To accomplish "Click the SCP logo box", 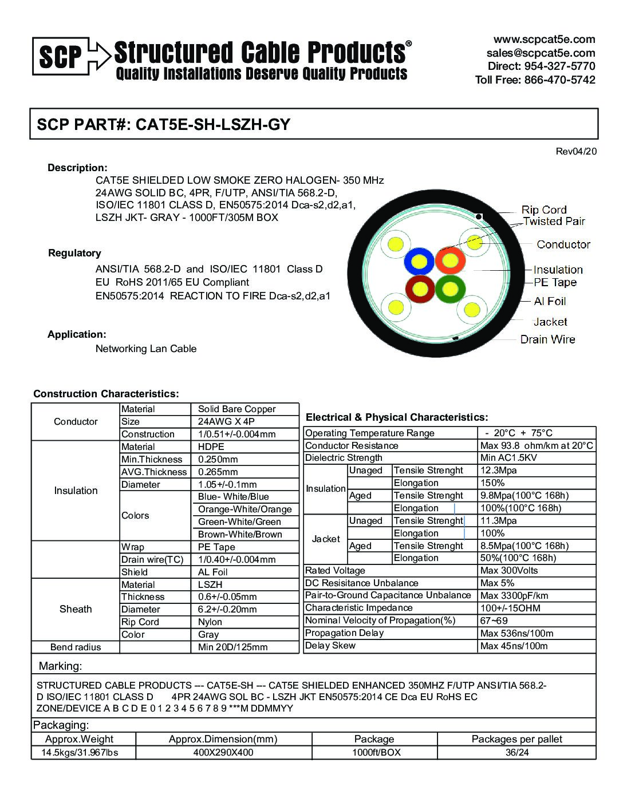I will click(x=60, y=56).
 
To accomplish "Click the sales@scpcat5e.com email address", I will click(x=541, y=53).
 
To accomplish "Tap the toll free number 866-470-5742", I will click(x=559, y=80).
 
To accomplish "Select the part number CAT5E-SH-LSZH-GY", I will click(x=212, y=124).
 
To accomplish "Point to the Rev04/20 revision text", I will click(x=576, y=151).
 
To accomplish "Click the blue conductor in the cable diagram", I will click(x=420, y=262).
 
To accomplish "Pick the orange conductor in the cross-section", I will click(x=450, y=260).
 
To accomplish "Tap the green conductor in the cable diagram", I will click(x=450, y=289).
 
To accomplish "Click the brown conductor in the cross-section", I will click(x=420, y=290).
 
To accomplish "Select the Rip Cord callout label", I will click(x=544, y=210).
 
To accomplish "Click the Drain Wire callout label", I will click(x=547, y=339).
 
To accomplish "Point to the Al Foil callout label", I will click(x=550, y=301).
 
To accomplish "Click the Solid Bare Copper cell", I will click(x=236, y=409).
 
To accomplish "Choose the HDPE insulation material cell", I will click(x=211, y=447).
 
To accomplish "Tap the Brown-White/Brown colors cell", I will click(x=240, y=534).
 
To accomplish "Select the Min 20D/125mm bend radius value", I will click(x=232, y=647).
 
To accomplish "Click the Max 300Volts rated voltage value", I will click(x=509, y=570).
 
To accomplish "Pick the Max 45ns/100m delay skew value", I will click(x=514, y=646).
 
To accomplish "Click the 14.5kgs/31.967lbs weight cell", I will click(x=80, y=752).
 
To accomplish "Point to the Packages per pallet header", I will click(x=516, y=739).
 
